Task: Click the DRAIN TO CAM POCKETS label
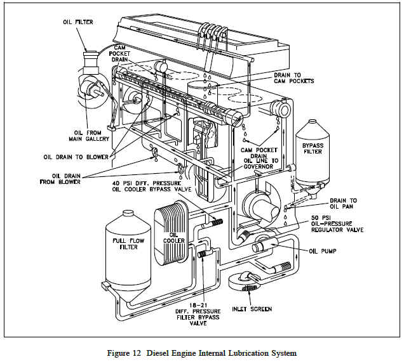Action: click(x=293, y=77)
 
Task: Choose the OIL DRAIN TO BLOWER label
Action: click(x=76, y=157)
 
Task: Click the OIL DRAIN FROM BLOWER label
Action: click(x=66, y=178)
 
